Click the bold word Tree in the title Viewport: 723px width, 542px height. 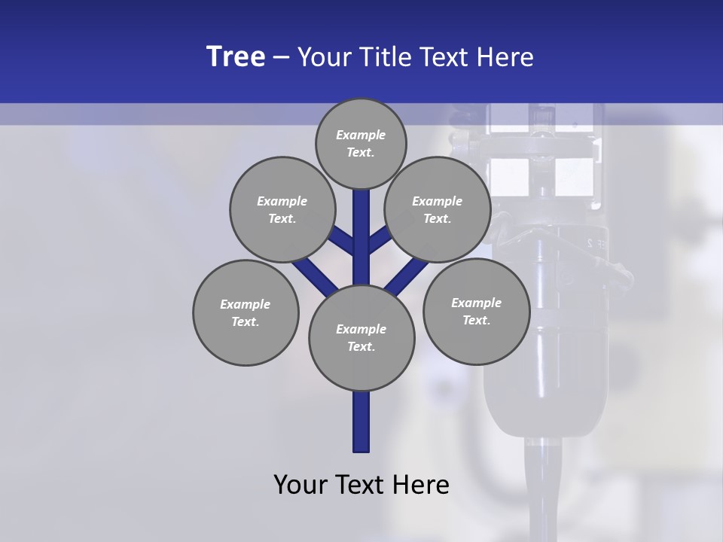coord(236,57)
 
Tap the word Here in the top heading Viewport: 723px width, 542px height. coord(504,57)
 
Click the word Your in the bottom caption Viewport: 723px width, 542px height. coord(301,485)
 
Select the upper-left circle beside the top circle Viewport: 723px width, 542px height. coord(282,209)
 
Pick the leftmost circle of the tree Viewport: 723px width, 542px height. coord(246,312)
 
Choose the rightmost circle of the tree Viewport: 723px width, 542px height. coord(476,311)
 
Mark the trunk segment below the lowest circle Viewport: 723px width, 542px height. coord(361,422)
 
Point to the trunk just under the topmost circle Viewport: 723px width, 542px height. coord(361,207)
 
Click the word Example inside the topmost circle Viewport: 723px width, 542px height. coord(361,135)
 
